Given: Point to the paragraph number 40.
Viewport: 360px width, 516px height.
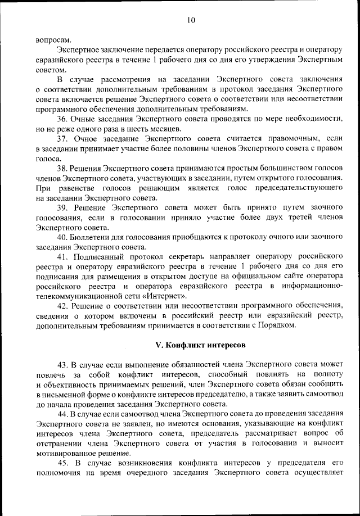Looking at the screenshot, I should [63, 237].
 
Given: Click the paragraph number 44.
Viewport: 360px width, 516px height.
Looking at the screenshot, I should [63, 414].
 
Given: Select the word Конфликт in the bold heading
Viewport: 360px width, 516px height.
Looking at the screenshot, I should [183, 343].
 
